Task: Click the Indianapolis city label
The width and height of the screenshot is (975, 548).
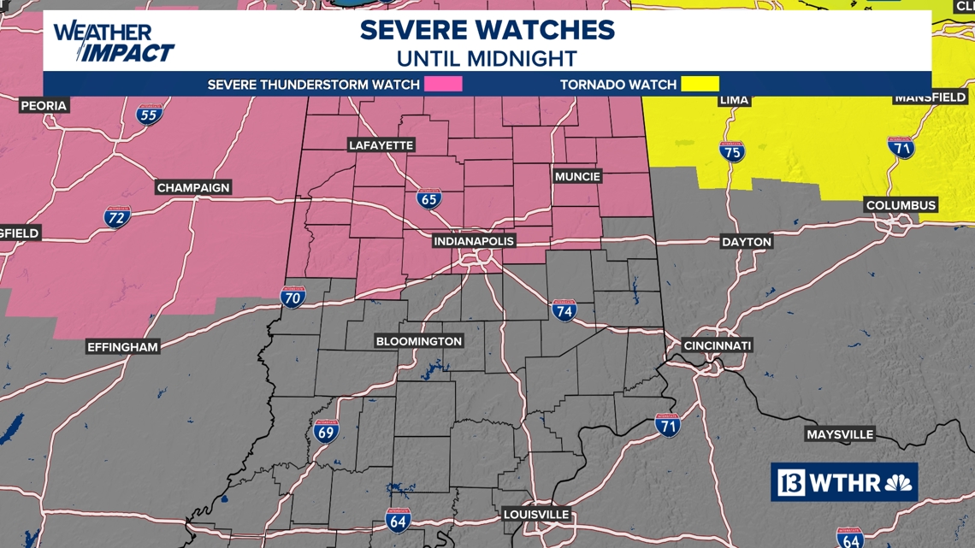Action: click(x=474, y=241)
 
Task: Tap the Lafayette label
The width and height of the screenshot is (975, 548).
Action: click(x=381, y=145)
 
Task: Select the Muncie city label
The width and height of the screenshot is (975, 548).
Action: click(x=577, y=176)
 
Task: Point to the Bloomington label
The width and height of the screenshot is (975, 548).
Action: click(x=419, y=341)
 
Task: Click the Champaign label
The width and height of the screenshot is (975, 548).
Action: click(x=194, y=187)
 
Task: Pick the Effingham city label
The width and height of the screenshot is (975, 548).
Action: click(x=123, y=347)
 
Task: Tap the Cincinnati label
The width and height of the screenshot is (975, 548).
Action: click(x=718, y=345)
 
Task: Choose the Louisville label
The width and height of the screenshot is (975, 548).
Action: click(x=536, y=515)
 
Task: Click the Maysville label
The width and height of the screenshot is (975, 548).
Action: click(x=840, y=434)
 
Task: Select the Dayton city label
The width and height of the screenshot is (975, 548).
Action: click(x=747, y=242)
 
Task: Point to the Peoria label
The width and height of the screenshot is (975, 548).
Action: click(x=44, y=105)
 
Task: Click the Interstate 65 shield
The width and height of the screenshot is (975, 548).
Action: click(x=429, y=199)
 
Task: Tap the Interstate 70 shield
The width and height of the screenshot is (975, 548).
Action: click(x=292, y=297)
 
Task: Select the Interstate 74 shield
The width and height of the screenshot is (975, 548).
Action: click(x=564, y=310)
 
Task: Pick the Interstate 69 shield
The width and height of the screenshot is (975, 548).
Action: click(x=326, y=431)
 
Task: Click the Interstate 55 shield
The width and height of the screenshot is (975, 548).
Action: click(x=149, y=114)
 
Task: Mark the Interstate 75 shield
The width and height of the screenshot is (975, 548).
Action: click(x=731, y=152)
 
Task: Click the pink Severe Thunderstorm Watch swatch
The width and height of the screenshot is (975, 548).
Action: click(x=443, y=84)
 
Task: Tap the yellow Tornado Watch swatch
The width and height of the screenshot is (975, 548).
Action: click(x=700, y=84)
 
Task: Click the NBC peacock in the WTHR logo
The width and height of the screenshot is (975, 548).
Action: click(x=897, y=483)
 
